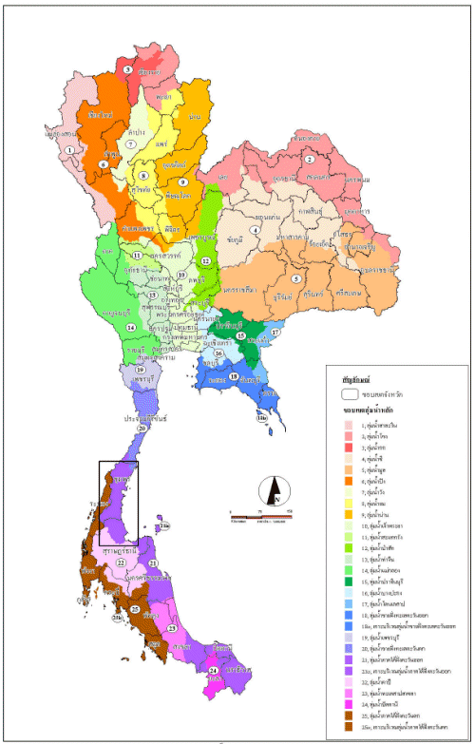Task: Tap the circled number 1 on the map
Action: (69, 150)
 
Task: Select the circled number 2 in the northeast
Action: (309, 160)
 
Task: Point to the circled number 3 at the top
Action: (128, 69)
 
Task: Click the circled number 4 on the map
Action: (255, 230)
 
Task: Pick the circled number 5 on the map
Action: (296, 278)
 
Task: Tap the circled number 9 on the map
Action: (181, 181)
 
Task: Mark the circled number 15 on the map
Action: (241, 336)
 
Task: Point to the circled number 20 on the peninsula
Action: (142, 429)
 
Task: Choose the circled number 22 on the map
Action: (121, 563)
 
